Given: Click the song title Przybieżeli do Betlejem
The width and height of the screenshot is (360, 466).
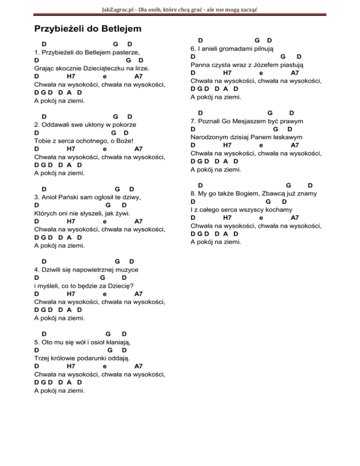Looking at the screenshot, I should (x=88, y=29).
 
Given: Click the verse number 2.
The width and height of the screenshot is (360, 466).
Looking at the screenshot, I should (x=37, y=125).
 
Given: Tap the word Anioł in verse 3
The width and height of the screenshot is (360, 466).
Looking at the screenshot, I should (x=52, y=197).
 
